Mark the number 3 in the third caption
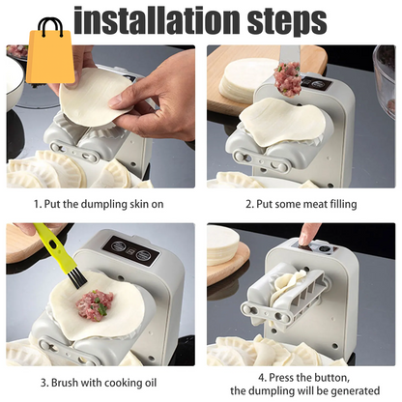click(38, 382)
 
